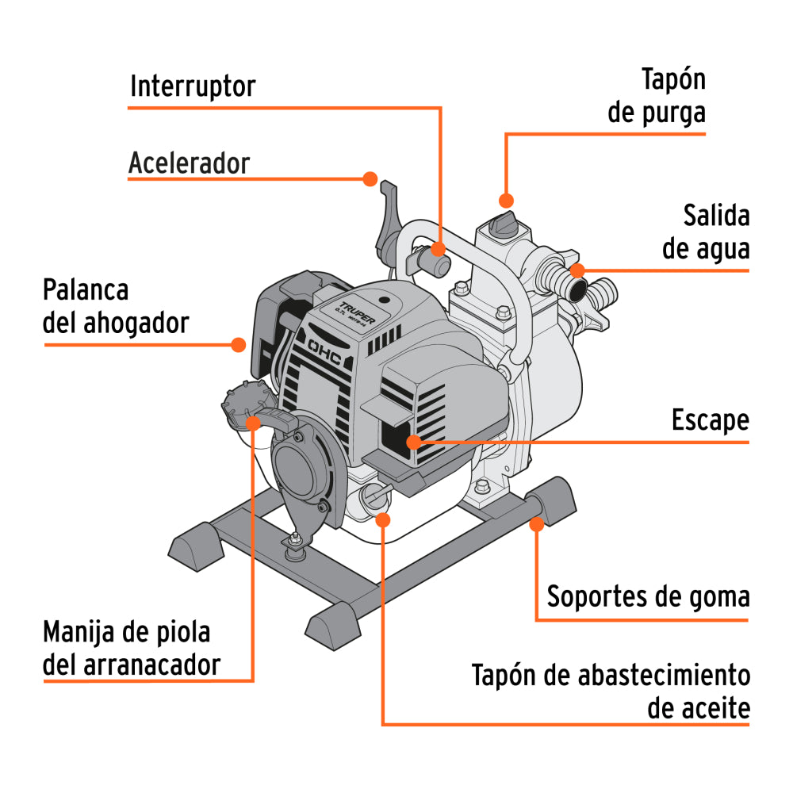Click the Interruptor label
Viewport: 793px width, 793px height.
click(x=193, y=86)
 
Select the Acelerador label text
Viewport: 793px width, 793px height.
click(x=189, y=163)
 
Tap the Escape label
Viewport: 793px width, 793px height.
click(x=710, y=420)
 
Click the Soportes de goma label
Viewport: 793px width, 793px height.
click(x=648, y=596)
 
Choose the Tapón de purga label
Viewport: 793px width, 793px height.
click(x=657, y=96)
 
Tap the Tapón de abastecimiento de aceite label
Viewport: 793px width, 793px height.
click(x=611, y=692)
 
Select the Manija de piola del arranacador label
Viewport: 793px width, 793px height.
click(x=132, y=649)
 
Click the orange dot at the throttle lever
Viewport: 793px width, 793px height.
click(x=370, y=179)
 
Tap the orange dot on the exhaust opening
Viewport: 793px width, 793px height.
click(x=413, y=442)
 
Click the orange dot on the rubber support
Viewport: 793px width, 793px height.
click(x=537, y=523)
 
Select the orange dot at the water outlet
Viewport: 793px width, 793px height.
click(x=578, y=270)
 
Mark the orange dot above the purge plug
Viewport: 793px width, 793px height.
click(x=506, y=200)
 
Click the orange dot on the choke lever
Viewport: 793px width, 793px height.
click(x=238, y=344)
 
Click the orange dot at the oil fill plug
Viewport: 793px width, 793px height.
click(x=383, y=519)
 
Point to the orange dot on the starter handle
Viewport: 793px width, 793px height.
click(x=254, y=422)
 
